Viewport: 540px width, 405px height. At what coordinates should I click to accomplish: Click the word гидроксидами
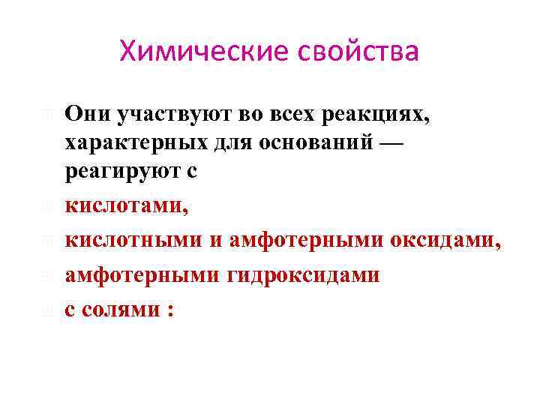(x=303, y=275)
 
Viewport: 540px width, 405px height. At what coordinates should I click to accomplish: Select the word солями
(x=124, y=309)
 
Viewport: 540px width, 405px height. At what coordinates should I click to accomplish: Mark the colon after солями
(x=171, y=310)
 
